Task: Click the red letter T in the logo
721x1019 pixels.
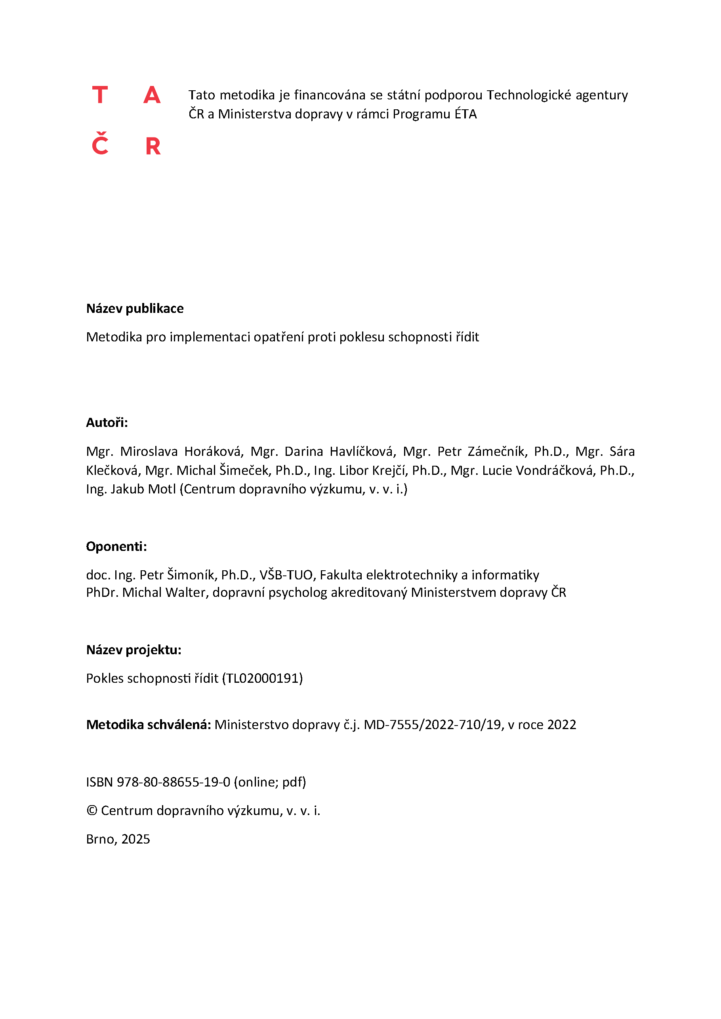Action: [100, 95]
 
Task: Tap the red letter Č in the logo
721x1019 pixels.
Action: [100, 144]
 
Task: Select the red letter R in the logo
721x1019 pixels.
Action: [153, 146]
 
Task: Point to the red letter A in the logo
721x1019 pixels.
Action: [152, 95]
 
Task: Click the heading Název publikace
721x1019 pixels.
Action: [135, 309]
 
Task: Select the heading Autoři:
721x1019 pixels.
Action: [107, 423]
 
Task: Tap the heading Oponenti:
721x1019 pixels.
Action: [116, 547]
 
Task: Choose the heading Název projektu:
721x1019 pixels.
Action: [134, 650]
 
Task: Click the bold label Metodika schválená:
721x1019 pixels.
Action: [148, 725]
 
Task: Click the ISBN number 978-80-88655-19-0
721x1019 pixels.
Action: [174, 782]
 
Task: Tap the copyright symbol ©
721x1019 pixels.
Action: [92, 811]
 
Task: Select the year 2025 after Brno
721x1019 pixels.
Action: [135, 839]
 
